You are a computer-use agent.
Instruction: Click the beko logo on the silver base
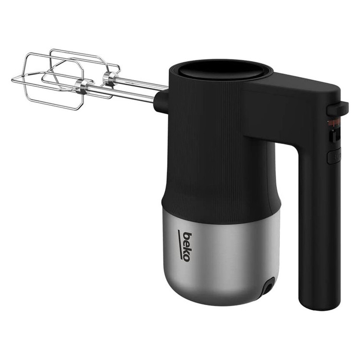[185, 246]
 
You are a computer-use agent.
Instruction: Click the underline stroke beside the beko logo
[180, 245]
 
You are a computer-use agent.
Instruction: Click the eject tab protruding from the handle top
[337, 109]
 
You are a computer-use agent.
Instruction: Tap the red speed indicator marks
[334, 123]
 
